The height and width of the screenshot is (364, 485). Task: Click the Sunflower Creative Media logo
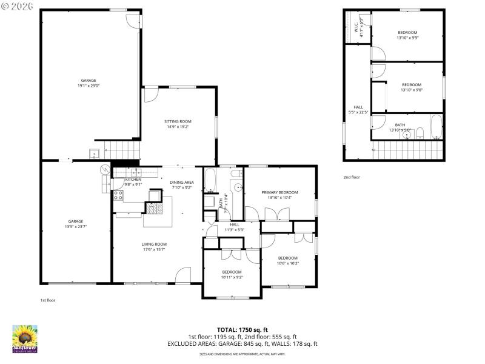pos(25,339)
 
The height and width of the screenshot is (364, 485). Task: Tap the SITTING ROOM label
pos(178,121)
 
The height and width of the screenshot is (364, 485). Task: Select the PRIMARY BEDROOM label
pos(280,192)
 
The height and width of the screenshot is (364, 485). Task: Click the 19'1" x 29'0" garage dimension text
pos(89,86)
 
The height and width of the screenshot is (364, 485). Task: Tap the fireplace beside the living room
pos(153,209)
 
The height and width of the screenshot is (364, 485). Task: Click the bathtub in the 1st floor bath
pos(210,180)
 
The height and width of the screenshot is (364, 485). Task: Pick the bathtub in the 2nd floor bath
pos(436,127)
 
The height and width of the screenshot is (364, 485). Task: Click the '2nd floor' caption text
pos(352,178)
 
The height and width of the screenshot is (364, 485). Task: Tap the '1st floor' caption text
pos(48,300)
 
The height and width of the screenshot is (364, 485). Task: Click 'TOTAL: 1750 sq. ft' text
pos(242,330)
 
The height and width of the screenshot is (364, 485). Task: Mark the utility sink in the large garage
pos(94,152)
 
